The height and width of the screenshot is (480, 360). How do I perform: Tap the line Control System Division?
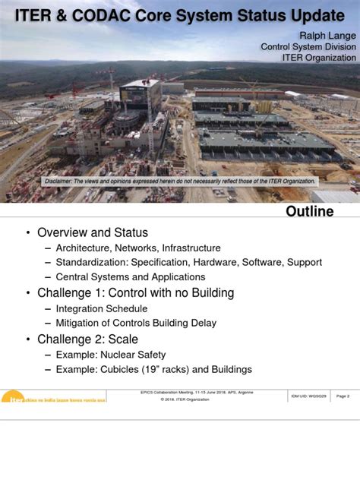[308, 46]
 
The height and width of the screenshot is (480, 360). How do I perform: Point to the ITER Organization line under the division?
[319, 58]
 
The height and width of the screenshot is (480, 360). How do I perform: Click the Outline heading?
[309, 211]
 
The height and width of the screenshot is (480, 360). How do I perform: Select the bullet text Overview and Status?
[93, 232]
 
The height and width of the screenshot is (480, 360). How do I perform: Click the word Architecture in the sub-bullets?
[84, 248]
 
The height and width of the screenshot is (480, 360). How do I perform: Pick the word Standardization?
[92, 262]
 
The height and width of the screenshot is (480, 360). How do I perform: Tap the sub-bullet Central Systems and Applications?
[131, 277]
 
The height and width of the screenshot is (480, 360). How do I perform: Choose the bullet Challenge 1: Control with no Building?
[135, 293]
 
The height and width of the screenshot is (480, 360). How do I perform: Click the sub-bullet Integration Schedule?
[102, 309]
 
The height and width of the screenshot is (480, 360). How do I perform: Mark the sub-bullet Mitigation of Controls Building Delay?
[136, 324]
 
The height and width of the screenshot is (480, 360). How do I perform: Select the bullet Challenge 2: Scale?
[87, 339]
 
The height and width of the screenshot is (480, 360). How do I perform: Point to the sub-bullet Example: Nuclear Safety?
[111, 355]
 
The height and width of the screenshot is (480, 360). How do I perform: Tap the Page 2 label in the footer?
[343, 396]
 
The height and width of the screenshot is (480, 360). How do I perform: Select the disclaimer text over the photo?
[179, 182]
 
